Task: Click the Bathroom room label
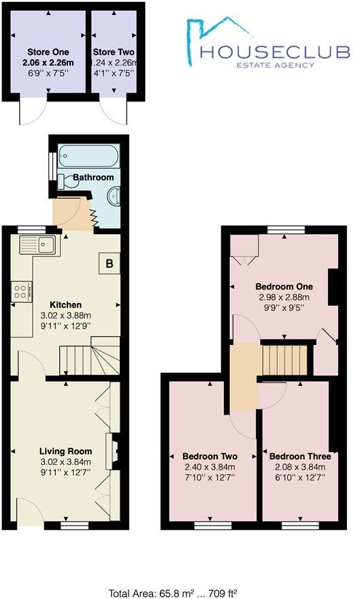click(93, 177)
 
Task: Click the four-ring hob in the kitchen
click(20, 293)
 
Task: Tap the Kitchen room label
click(65, 304)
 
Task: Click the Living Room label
click(65, 451)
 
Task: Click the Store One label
click(47, 52)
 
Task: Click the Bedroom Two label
click(209, 456)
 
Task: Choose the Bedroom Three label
click(300, 456)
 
